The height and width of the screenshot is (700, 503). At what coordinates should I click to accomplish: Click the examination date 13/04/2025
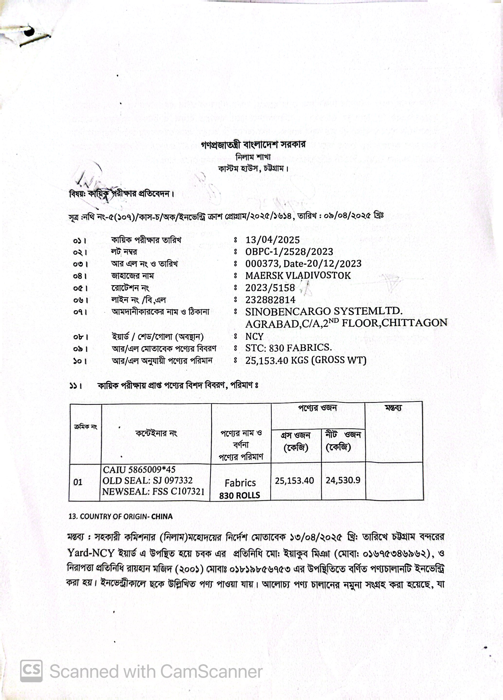tap(272, 240)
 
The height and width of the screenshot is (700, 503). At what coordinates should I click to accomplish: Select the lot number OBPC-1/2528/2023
tap(289, 252)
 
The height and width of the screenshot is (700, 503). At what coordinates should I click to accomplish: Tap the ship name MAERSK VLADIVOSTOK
tap(298, 275)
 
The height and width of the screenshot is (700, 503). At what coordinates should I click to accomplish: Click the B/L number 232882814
tap(270, 300)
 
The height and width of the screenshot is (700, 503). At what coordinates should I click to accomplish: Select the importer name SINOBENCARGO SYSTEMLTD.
tap(324, 311)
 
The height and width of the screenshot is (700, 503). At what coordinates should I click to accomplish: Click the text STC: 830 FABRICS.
tap(288, 348)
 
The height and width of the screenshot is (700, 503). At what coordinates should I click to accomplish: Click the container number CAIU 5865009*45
tap(139, 470)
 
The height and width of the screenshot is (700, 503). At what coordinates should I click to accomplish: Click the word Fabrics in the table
tap(240, 483)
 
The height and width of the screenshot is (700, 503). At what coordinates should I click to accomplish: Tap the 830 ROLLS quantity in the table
tap(240, 495)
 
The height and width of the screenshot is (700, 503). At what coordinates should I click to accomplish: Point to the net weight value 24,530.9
tap(343, 480)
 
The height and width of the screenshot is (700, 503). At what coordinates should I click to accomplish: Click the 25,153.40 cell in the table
tap(295, 480)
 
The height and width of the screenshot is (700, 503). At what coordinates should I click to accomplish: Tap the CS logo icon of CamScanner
tap(31, 671)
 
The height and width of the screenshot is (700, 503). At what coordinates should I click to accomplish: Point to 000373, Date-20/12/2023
tap(303, 264)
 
